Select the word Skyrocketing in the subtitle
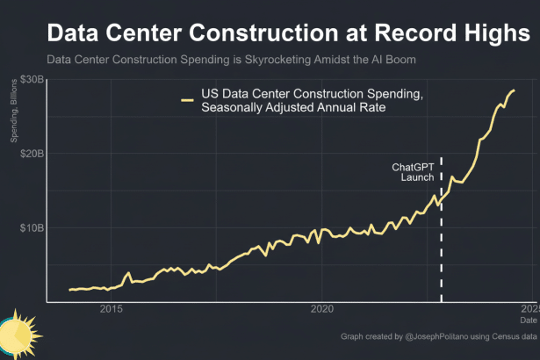click(256, 60)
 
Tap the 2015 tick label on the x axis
click(111, 308)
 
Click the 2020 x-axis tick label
click(322, 308)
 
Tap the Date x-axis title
click(528, 320)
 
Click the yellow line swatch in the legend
click(187, 101)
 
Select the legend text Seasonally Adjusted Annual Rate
click(293, 108)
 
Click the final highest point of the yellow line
click(514, 90)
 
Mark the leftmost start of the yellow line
click(70, 289)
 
